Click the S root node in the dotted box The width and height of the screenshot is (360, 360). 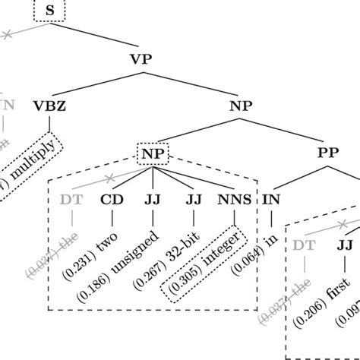point(50,11)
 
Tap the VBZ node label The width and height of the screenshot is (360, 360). point(50,106)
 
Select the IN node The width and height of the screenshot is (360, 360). point(272,201)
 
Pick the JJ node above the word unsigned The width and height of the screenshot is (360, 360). point(153,201)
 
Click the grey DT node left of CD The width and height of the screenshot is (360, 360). point(71,201)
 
